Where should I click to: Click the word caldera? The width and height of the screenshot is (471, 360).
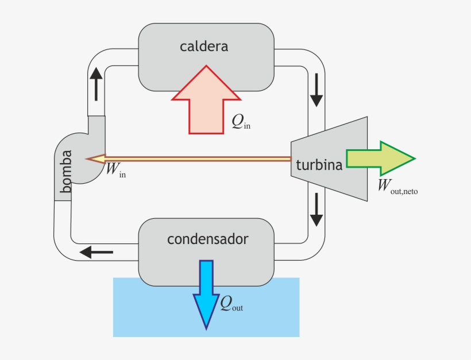pos(203,47)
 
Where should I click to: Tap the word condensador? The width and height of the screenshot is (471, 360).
pos(207,239)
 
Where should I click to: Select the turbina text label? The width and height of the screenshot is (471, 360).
pos(319,165)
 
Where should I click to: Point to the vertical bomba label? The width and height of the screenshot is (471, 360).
pos(67,171)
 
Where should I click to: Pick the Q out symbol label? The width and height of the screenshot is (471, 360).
pos(231,304)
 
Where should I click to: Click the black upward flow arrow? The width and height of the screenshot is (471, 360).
pos(96,83)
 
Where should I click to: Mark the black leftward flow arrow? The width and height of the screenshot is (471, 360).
pos(96,251)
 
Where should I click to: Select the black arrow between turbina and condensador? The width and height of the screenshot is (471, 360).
pos(316,210)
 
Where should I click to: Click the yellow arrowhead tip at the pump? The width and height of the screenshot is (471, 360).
pos(94,158)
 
